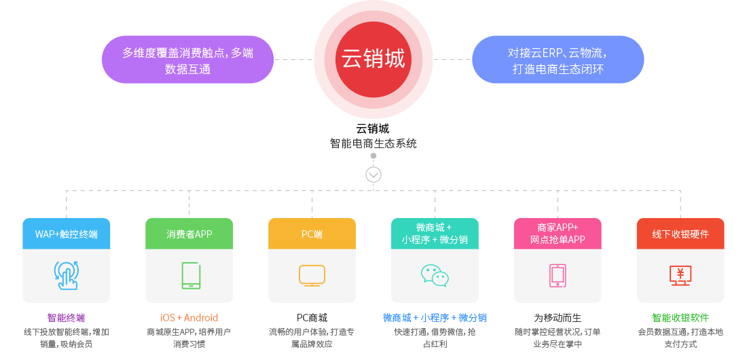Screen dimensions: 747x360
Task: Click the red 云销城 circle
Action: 373,60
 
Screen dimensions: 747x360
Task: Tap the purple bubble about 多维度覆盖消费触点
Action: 187,60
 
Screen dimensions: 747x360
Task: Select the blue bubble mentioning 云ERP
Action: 558,60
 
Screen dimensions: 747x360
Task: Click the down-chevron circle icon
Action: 373,175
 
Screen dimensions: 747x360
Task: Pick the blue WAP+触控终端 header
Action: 67,234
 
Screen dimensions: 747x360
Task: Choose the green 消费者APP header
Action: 189,234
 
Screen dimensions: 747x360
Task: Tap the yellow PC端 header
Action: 312,234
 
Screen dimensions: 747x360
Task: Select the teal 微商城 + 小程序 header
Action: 435,234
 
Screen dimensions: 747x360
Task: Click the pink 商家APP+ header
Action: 558,234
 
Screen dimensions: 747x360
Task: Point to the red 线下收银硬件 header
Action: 680,234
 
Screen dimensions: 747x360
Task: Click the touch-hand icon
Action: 67,275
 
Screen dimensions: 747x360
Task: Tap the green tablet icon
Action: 191,275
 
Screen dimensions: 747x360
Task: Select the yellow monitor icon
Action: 312,276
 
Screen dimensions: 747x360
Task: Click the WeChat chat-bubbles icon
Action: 435,276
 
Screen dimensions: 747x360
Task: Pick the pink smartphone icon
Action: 558,276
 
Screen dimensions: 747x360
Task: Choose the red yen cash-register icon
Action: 680,276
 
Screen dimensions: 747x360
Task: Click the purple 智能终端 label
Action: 67,318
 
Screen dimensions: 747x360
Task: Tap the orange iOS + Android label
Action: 189,318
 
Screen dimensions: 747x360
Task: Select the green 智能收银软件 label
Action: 680,318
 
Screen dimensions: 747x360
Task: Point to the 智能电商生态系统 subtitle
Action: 373,143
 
